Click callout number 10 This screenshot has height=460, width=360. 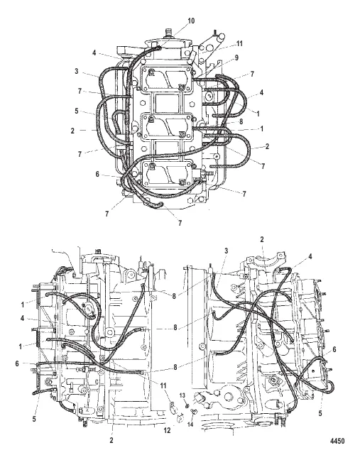[x=191, y=21]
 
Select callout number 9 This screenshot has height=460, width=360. [x=236, y=57]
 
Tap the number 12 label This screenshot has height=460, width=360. [x=167, y=430]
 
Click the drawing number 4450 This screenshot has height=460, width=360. [x=337, y=441]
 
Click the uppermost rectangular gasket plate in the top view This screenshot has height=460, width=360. [x=166, y=79]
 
